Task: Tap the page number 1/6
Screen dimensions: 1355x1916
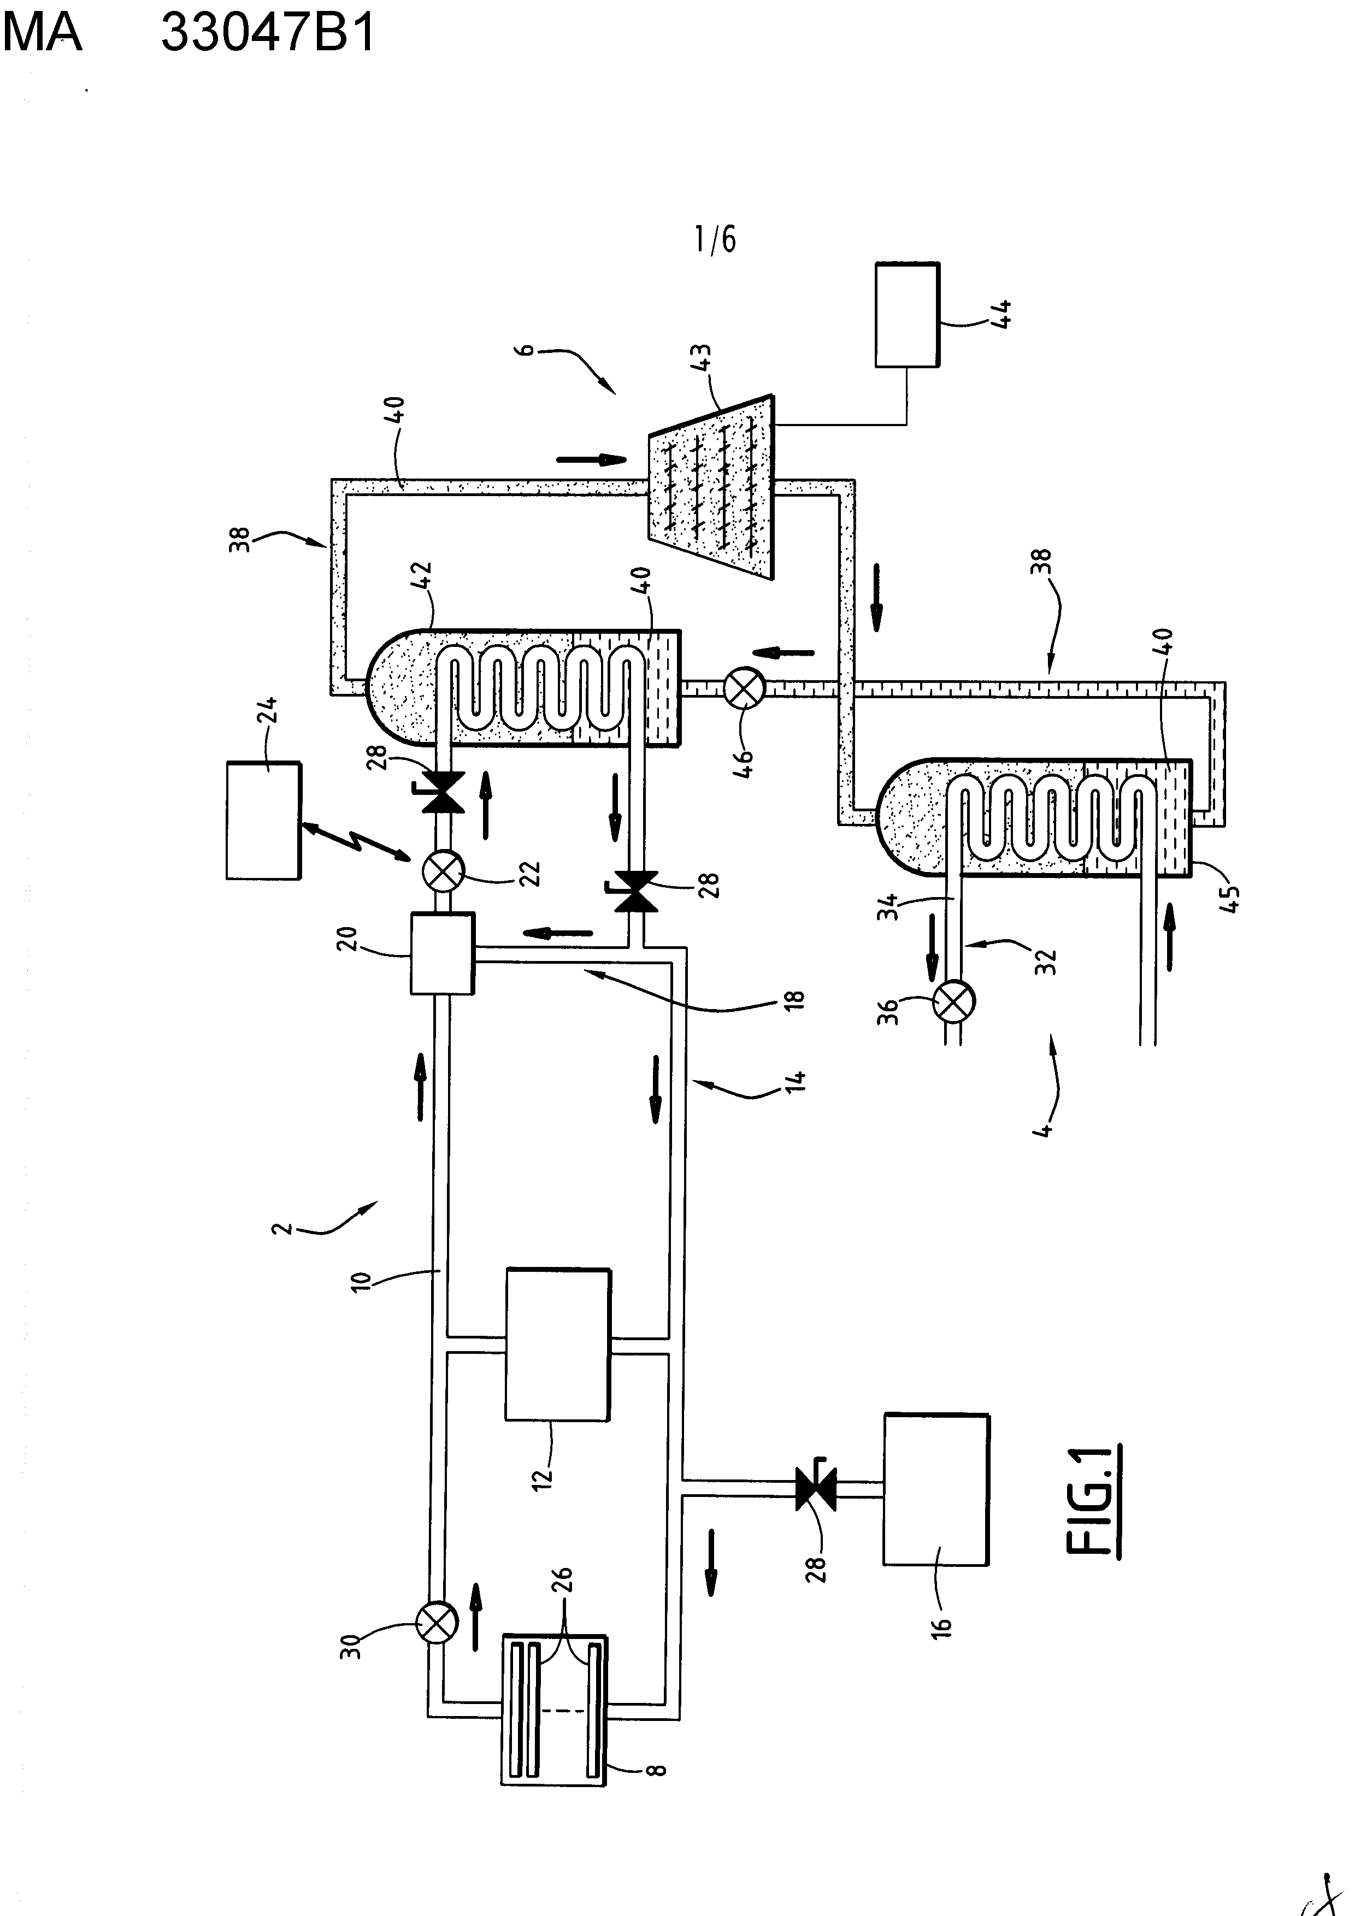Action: click(716, 240)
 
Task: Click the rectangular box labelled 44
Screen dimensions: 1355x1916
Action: click(908, 315)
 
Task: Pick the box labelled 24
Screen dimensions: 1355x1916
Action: click(264, 820)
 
